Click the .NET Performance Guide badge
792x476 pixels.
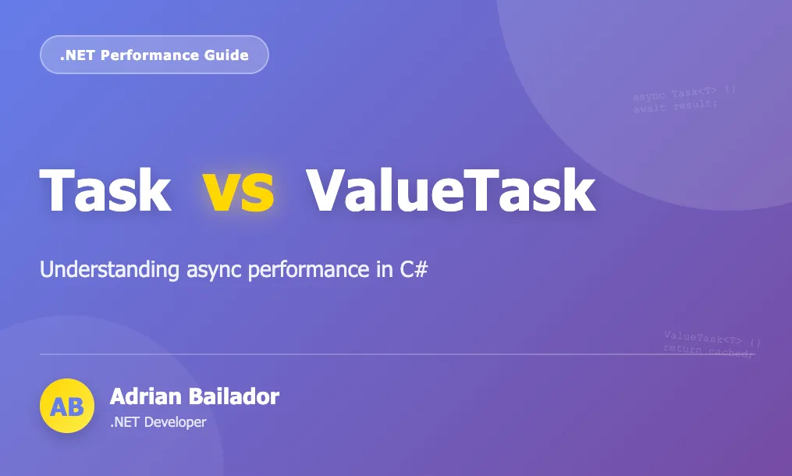tap(154, 55)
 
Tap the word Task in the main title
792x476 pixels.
tap(105, 190)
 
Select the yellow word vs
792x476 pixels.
tap(239, 190)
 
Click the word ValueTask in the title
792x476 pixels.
tap(450, 190)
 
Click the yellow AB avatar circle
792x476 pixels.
tap(66, 406)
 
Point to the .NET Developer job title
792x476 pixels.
tap(158, 422)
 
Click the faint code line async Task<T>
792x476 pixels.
tap(684, 94)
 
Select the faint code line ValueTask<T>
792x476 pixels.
tap(712, 339)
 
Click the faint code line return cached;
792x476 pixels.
tap(709, 351)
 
